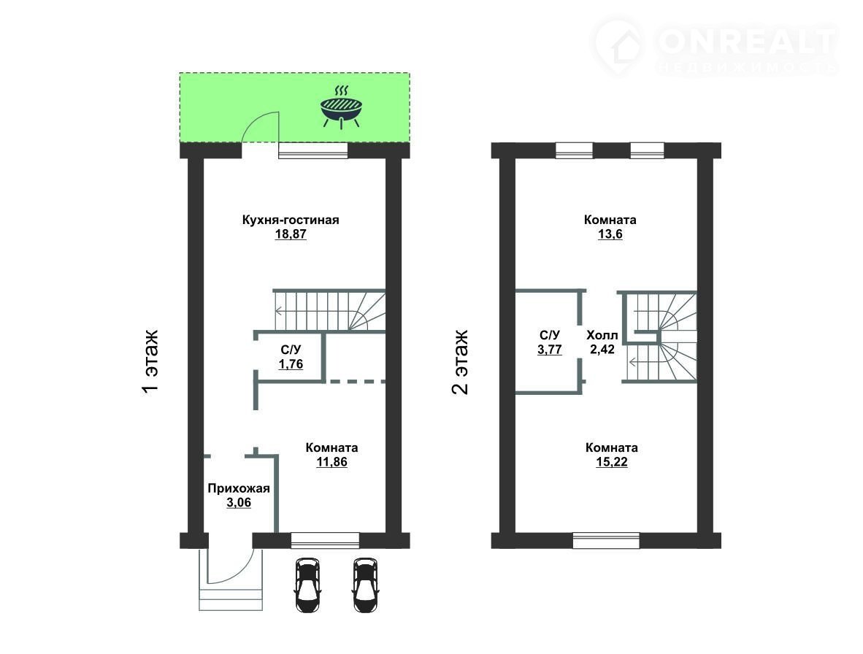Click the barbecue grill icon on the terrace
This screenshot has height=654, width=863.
pos(341,107)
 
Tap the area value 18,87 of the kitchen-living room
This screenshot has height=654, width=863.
pos(291,234)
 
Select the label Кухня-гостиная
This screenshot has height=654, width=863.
pos(291,220)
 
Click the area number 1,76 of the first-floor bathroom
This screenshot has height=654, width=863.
pos(291,364)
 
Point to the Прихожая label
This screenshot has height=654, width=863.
pos(239,488)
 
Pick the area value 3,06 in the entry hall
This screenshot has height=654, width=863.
pos(239,502)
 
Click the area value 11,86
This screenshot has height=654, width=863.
pos(332,462)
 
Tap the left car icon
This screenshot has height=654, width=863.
pos(307,585)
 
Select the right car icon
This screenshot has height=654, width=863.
pos(365,585)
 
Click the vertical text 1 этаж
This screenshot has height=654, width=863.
pos(150,361)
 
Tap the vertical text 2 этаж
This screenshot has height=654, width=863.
pos(460,361)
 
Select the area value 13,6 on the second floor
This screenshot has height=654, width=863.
pos(610,234)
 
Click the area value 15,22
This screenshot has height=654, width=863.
pos(612,462)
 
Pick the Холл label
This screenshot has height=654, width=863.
pos(602,336)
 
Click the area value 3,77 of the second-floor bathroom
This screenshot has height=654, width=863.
pos(550,350)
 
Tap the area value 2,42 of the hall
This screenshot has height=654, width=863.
pos(602,350)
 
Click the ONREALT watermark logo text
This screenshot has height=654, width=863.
pos(745,42)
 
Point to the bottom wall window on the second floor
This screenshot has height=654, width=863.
pos(606,541)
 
